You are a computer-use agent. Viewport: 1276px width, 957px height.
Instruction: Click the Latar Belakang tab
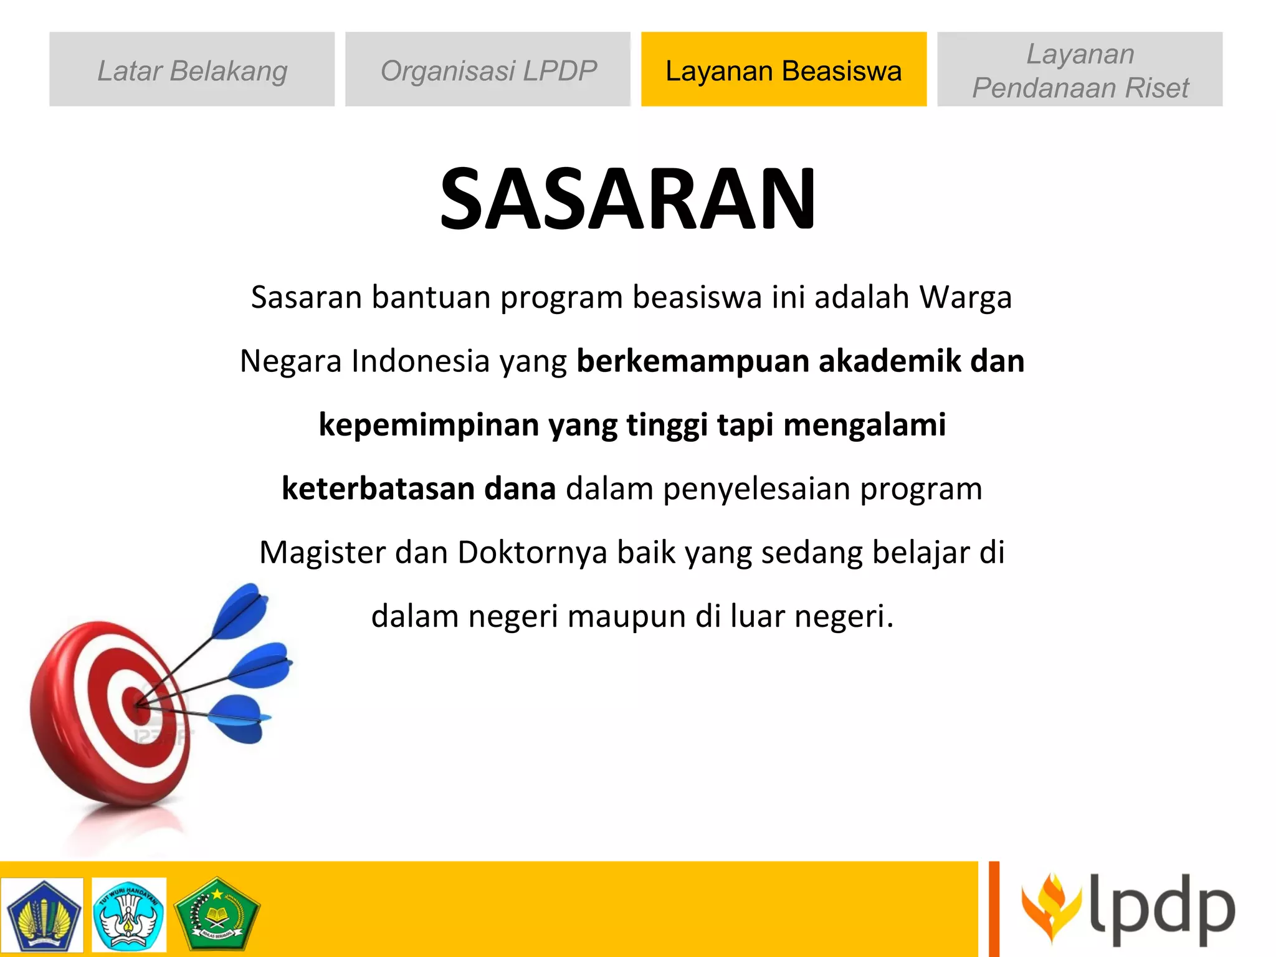coord(192,70)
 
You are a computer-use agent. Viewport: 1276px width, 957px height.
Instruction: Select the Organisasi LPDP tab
coord(488,70)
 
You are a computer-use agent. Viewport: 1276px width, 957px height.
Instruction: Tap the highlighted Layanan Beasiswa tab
coord(783,70)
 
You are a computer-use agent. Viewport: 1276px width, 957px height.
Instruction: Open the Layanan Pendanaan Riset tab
coord(1080,70)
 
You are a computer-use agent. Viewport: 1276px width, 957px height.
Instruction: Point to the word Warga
coord(966,297)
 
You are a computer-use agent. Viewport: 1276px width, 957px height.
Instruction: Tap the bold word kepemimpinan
coord(429,425)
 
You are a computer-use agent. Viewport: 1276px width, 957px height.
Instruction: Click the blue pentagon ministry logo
coord(42,915)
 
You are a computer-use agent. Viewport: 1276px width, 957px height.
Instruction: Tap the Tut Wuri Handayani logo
coord(129,915)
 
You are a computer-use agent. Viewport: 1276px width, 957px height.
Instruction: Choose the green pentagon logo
coord(216,914)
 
